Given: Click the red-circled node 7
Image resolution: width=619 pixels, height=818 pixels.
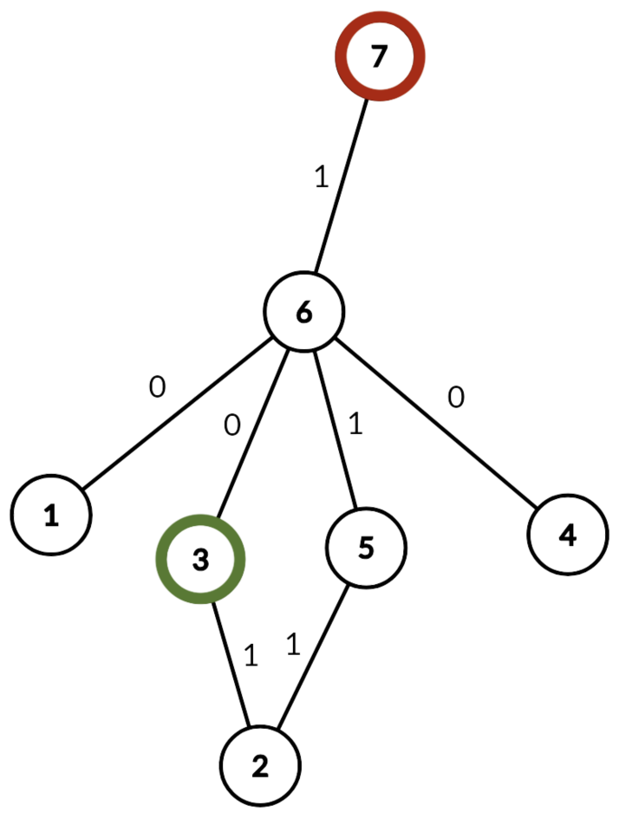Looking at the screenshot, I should [x=379, y=57].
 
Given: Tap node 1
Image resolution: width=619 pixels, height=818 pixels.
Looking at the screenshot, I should [x=51, y=516].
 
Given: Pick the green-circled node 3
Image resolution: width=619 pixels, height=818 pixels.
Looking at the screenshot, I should [x=200, y=560].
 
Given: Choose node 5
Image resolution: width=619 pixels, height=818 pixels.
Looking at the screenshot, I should [x=365, y=548].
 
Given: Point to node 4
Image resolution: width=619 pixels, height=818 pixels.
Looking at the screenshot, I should [x=567, y=536].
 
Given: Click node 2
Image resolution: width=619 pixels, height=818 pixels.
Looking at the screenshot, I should [x=260, y=766].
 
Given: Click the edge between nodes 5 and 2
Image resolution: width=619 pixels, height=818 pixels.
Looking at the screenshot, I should [x=312, y=658].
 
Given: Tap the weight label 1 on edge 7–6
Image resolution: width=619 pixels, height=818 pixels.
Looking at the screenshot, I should [x=320, y=179].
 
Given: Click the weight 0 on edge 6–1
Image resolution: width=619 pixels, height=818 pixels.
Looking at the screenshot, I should [x=156, y=387].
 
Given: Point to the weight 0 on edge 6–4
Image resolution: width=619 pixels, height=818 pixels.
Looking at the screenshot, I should [x=456, y=398].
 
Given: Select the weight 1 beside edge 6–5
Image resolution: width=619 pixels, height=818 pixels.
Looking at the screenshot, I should [x=355, y=425].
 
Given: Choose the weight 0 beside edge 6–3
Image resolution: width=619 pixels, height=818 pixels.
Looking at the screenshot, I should [x=231, y=425].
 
